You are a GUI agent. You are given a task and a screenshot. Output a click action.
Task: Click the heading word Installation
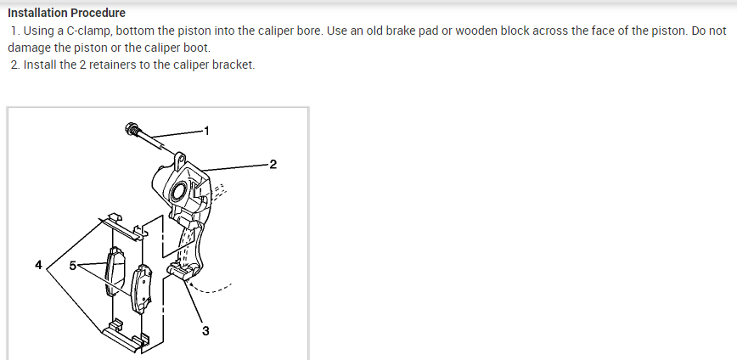coord(37,13)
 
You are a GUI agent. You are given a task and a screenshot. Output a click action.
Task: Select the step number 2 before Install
coord(15,65)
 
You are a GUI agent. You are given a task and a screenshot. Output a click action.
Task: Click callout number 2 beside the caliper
coord(273,163)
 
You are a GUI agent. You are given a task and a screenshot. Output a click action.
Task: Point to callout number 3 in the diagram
coord(205,330)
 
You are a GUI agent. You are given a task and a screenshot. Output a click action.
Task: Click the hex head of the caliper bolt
coord(132,129)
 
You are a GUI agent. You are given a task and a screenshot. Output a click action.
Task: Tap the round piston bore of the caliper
coord(181,192)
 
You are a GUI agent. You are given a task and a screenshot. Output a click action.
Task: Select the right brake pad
coord(142,289)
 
